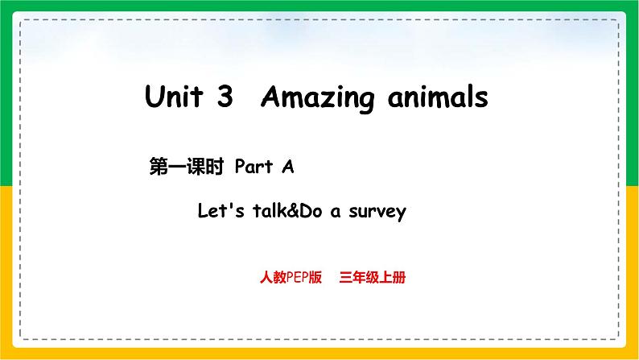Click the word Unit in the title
click(x=174, y=96)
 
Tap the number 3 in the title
click(x=225, y=96)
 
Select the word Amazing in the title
click(x=317, y=97)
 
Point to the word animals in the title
click(x=438, y=97)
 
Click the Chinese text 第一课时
click(x=187, y=167)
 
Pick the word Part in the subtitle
click(x=254, y=167)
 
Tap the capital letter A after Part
click(x=288, y=167)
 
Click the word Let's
click(x=221, y=211)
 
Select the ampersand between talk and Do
click(x=294, y=211)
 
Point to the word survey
click(x=377, y=213)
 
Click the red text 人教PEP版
click(x=291, y=277)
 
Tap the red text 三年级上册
click(x=373, y=277)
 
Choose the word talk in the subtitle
click(x=270, y=211)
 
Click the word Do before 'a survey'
click(x=311, y=211)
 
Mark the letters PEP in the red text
click(x=297, y=277)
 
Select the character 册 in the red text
click(x=399, y=277)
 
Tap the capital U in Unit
click(x=154, y=96)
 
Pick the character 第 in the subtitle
click(x=158, y=167)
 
